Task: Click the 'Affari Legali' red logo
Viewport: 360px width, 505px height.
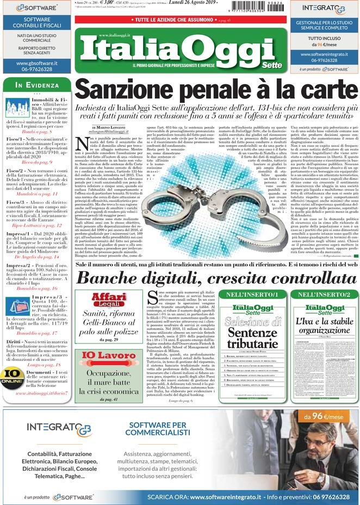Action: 108,298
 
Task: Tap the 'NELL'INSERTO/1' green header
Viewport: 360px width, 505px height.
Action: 249,294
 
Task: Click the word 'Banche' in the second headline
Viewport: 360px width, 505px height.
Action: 106,277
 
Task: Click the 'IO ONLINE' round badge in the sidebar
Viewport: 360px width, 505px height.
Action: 11,375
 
